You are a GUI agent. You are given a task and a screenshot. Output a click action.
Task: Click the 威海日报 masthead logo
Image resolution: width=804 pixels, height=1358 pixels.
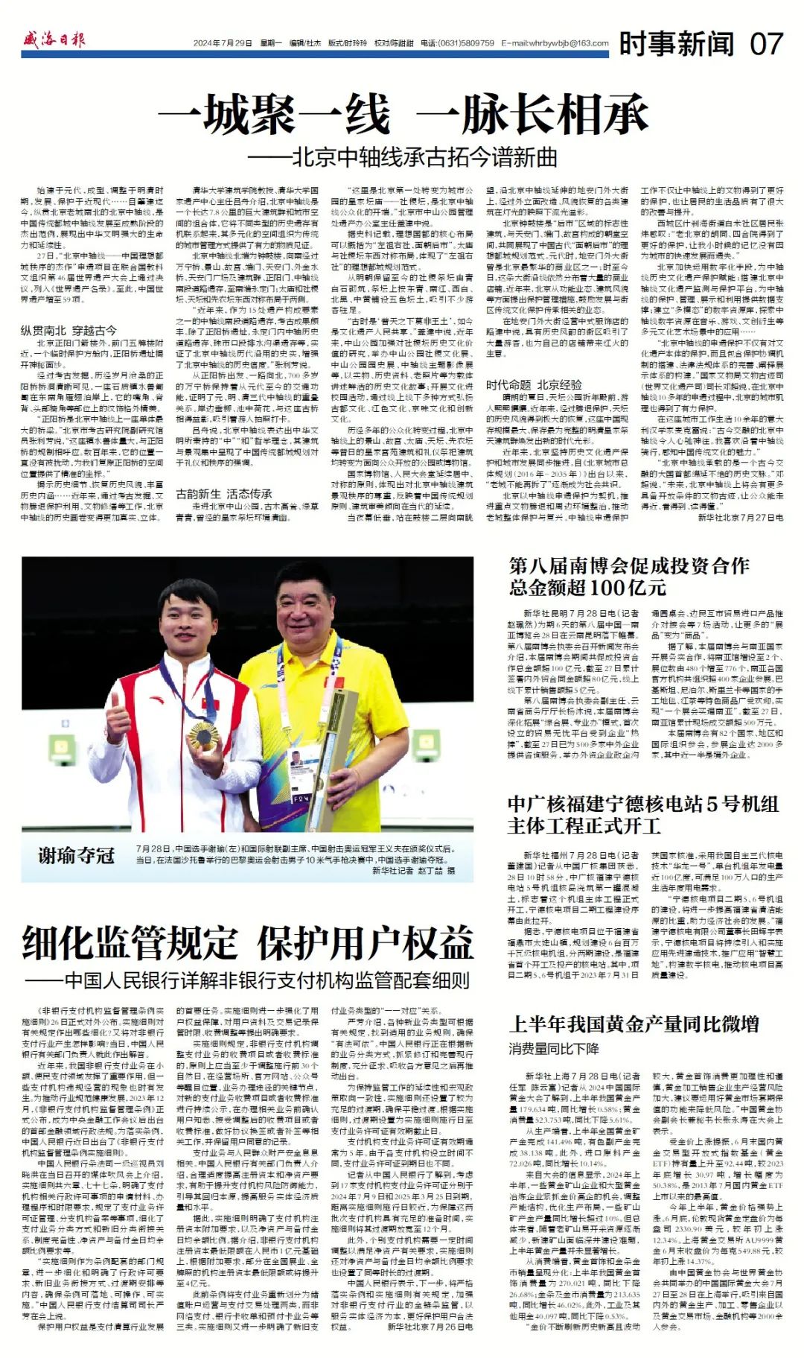tap(54, 40)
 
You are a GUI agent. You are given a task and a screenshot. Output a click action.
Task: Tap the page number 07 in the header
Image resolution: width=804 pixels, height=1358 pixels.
tap(766, 44)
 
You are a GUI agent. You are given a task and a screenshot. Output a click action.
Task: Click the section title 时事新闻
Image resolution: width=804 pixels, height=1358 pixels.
tap(676, 44)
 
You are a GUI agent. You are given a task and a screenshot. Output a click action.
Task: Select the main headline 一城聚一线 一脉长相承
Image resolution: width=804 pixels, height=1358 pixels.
tap(402, 115)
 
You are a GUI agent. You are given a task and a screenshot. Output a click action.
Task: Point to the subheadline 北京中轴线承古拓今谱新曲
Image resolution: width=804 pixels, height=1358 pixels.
tap(414, 157)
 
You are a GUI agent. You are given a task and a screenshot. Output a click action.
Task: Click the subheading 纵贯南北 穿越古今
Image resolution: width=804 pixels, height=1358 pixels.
tap(68, 330)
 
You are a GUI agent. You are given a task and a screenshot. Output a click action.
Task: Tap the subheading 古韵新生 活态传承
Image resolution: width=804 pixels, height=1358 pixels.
tap(223, 494)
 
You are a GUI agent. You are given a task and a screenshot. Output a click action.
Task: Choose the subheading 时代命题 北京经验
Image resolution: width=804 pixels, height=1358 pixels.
tap(534, 384)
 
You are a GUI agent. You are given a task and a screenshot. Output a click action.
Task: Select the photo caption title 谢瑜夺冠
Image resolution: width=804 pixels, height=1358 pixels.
tap(76, 854)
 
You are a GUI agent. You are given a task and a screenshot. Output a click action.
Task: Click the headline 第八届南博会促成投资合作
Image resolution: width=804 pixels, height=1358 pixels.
tap(629, 565)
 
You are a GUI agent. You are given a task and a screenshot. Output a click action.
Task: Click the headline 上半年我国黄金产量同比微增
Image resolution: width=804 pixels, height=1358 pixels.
tap(634, 1024)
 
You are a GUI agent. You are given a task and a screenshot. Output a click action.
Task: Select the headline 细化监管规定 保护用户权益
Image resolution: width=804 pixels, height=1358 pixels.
tap(247, 944)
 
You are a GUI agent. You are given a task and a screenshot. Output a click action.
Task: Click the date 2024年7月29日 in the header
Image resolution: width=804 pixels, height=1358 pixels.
tap(223, 43)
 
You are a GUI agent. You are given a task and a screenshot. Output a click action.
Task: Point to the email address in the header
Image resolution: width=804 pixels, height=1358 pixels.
tap(555, 43)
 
